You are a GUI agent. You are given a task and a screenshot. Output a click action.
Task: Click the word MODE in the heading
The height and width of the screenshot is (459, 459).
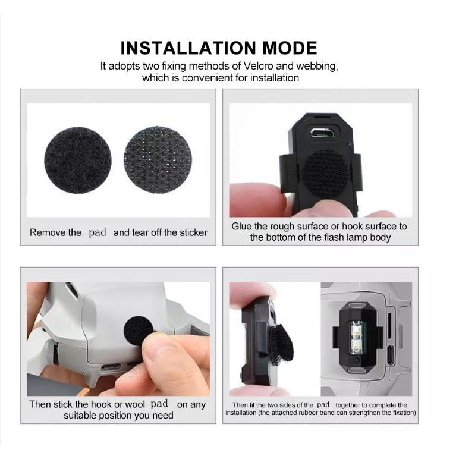290,48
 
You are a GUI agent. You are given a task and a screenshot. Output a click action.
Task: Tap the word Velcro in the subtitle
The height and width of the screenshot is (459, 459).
258,66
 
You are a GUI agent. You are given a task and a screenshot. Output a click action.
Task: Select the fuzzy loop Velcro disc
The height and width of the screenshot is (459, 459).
78,160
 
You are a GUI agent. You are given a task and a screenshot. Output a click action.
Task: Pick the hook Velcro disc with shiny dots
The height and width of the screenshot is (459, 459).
158,160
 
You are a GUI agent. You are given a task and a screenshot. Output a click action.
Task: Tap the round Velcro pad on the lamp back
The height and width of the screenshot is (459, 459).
325,172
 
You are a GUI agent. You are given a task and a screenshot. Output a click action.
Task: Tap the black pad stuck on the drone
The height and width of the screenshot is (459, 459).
139,331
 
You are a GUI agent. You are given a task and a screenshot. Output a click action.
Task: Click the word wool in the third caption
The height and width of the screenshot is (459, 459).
135,404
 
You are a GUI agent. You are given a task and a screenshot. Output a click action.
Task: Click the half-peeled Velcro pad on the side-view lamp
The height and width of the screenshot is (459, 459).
281,345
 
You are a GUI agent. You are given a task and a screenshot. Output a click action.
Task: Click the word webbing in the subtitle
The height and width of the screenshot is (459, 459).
317,67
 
